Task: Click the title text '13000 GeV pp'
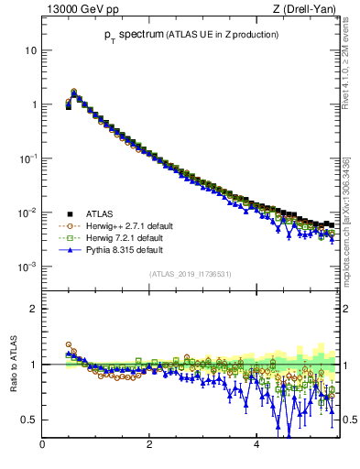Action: [77, 10]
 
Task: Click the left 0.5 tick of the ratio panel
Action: [29, 420]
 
